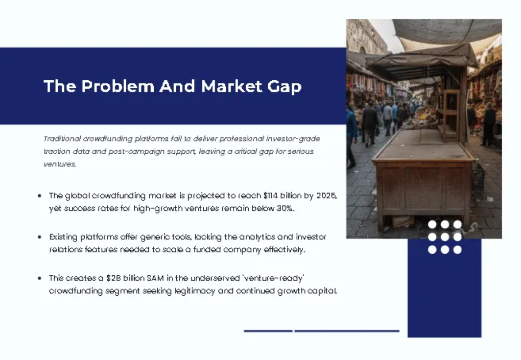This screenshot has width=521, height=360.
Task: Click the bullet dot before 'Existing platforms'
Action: (40, 237)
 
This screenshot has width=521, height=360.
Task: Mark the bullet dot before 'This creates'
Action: (40, 278)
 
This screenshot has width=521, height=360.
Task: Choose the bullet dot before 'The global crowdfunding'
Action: (40, 196)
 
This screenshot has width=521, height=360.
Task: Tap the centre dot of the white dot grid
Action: (445, 237)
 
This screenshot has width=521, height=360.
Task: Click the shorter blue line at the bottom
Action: (268, 331)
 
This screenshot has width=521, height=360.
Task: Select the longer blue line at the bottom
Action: (347, 331)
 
